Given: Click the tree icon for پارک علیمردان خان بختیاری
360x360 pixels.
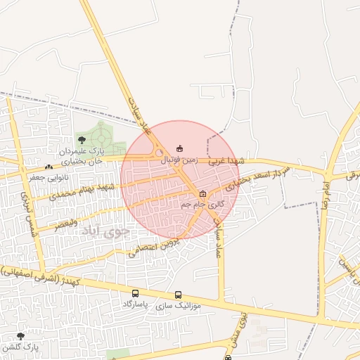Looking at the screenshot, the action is [x=82, y=140].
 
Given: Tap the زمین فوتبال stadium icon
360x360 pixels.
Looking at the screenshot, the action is [x=179, y=148].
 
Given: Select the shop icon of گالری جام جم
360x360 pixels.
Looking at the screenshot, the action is [x=203, y=193].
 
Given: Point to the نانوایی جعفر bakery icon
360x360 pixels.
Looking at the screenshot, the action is [x=48, y=167].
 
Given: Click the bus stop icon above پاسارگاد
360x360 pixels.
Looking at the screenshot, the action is [x=135, y=293].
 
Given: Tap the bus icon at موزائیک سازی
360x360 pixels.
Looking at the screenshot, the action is [x=178, y=295].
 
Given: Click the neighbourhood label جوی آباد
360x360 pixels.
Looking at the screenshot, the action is [x=106, y=231].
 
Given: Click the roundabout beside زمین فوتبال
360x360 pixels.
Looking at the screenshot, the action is [x=160, y=152].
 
